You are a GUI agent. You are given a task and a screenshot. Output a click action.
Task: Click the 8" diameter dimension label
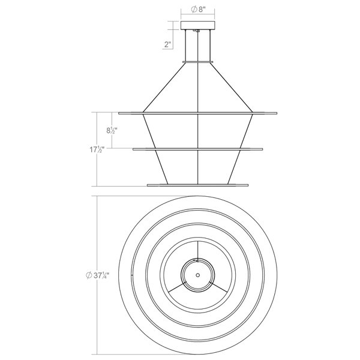click(x=197, y=10)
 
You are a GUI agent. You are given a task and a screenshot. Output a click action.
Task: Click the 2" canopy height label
click(x=168, y=44)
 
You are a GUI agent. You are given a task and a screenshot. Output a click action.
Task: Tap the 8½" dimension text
click(x=112, y=131)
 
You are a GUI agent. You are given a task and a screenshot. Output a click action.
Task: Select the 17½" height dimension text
click(x=97, y=149)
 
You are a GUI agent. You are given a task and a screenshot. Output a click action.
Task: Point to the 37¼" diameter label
click(x=97, y=275)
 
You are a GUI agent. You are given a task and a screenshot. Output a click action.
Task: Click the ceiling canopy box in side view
click(x=197, y=25)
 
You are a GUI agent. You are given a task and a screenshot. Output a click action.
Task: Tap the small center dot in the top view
click(x=197, y=275)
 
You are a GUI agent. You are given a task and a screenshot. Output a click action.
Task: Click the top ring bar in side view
click(x=197, y=113)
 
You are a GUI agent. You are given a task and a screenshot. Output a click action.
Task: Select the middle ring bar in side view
click(x=197, y=149)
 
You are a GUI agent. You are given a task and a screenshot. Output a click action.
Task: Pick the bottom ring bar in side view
click(x=197, y=185)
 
